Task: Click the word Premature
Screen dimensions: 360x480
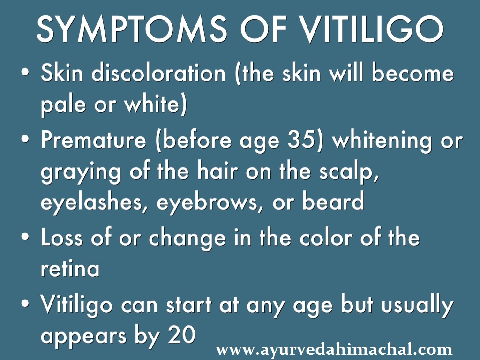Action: (x=97, y=141)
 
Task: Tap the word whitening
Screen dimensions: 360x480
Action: (x=382, y=141)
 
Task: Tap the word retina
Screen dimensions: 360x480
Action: (x=70, y=269)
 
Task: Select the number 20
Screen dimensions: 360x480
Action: (x=180, y=336)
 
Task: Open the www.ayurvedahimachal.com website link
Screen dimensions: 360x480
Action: (x=334, y=350)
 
